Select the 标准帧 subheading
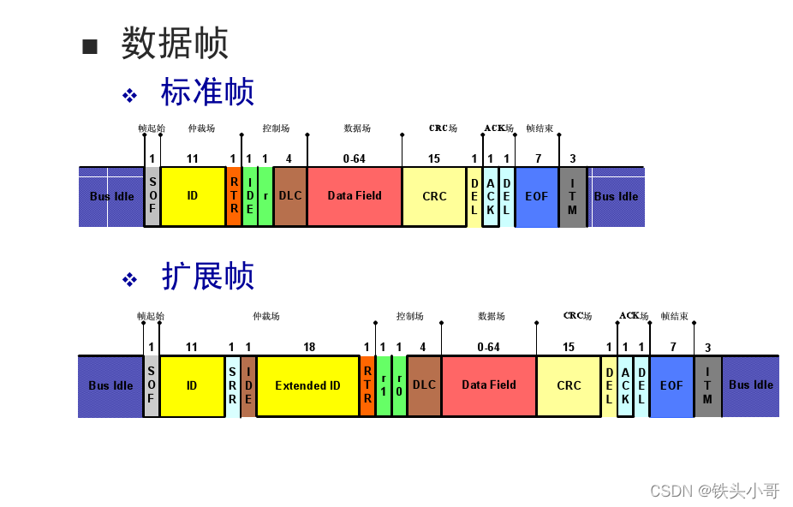[207, 92]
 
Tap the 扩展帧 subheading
[207, 277]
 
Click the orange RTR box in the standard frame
[234, 196]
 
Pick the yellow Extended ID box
[307, 385]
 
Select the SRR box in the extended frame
[233, 385]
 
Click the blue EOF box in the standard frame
[537, 196]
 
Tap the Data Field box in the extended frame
[489, 385]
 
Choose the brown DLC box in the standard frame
[290, 196]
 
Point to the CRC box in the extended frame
[569, 385]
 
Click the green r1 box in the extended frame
[384, 385]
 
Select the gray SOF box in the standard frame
[152, 196]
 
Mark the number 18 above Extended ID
[309, 347]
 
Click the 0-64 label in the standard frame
[354, 158]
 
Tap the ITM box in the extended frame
[707, 385]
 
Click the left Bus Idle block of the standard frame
[111, 196]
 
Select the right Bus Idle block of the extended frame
[751, 385]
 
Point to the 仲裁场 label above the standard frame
[201, 128]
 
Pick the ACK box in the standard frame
[491, 196]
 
